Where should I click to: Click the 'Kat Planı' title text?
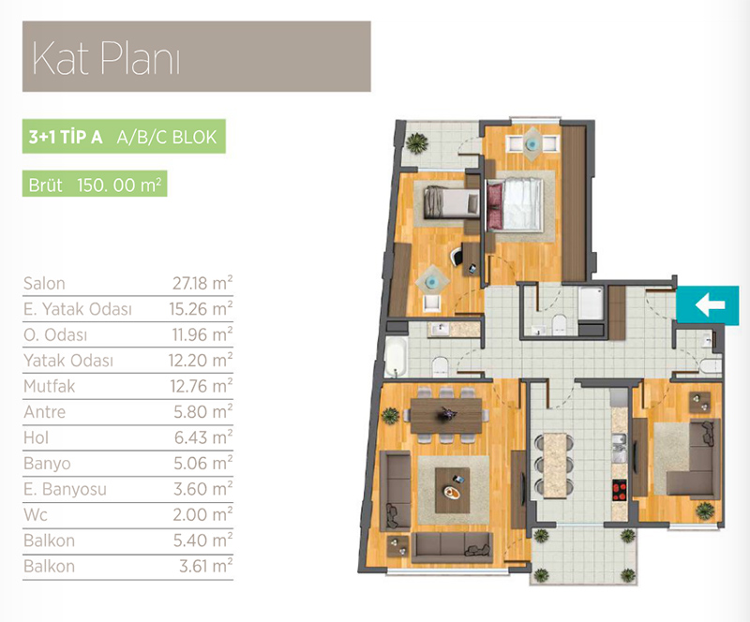[106, 58]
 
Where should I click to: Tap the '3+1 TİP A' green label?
[66, 137]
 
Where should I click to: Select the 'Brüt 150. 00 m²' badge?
[95, 184]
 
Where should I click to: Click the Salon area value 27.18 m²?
[202, 283]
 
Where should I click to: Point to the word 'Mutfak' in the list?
[50, 386]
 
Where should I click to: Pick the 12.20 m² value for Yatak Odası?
[201, 360]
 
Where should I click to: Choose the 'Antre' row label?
[44, 411]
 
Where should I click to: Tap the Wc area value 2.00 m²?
[202, 514]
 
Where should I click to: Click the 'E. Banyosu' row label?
[65, 489]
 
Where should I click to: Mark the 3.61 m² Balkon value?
[205, 566]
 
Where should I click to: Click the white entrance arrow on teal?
[710, 304]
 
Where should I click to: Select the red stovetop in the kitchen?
[620, 490]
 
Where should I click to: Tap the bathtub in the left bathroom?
[396, 356]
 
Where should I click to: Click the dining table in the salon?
[446, 416]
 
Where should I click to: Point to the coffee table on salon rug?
[452, 490]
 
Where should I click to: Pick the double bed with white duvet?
[515, 204]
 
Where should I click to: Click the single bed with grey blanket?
[451, 202]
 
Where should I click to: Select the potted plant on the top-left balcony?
[416, 142]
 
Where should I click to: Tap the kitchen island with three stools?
[555, 466]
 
